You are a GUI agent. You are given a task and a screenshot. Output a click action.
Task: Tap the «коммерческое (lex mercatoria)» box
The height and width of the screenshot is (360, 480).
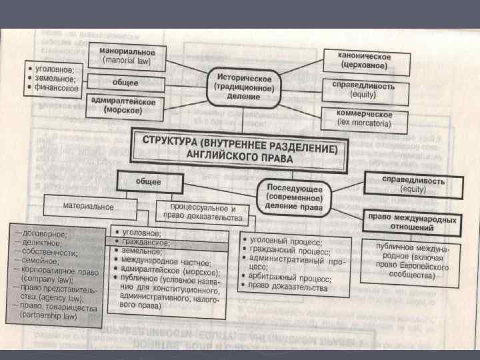(365, 118)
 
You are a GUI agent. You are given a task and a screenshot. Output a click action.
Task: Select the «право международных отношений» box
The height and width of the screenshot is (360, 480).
(413, 223)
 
